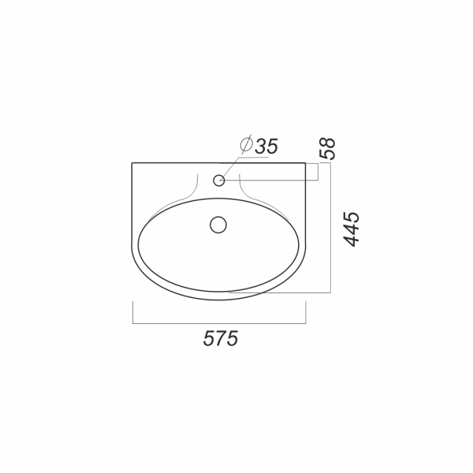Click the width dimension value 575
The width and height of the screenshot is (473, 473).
[221, 338]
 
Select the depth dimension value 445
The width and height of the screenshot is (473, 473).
[352, 229]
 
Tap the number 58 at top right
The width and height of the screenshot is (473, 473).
[327, 148]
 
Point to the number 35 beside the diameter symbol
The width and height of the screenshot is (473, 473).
[266, 147]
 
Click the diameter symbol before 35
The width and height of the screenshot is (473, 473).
[246, 144]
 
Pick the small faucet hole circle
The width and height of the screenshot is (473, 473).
[219, 181]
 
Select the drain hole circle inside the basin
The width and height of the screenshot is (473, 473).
[218, 225]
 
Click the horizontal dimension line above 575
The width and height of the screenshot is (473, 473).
[219, 324]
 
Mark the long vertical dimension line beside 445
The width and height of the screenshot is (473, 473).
[330, 228]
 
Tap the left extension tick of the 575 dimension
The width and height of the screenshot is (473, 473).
[132, 312]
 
